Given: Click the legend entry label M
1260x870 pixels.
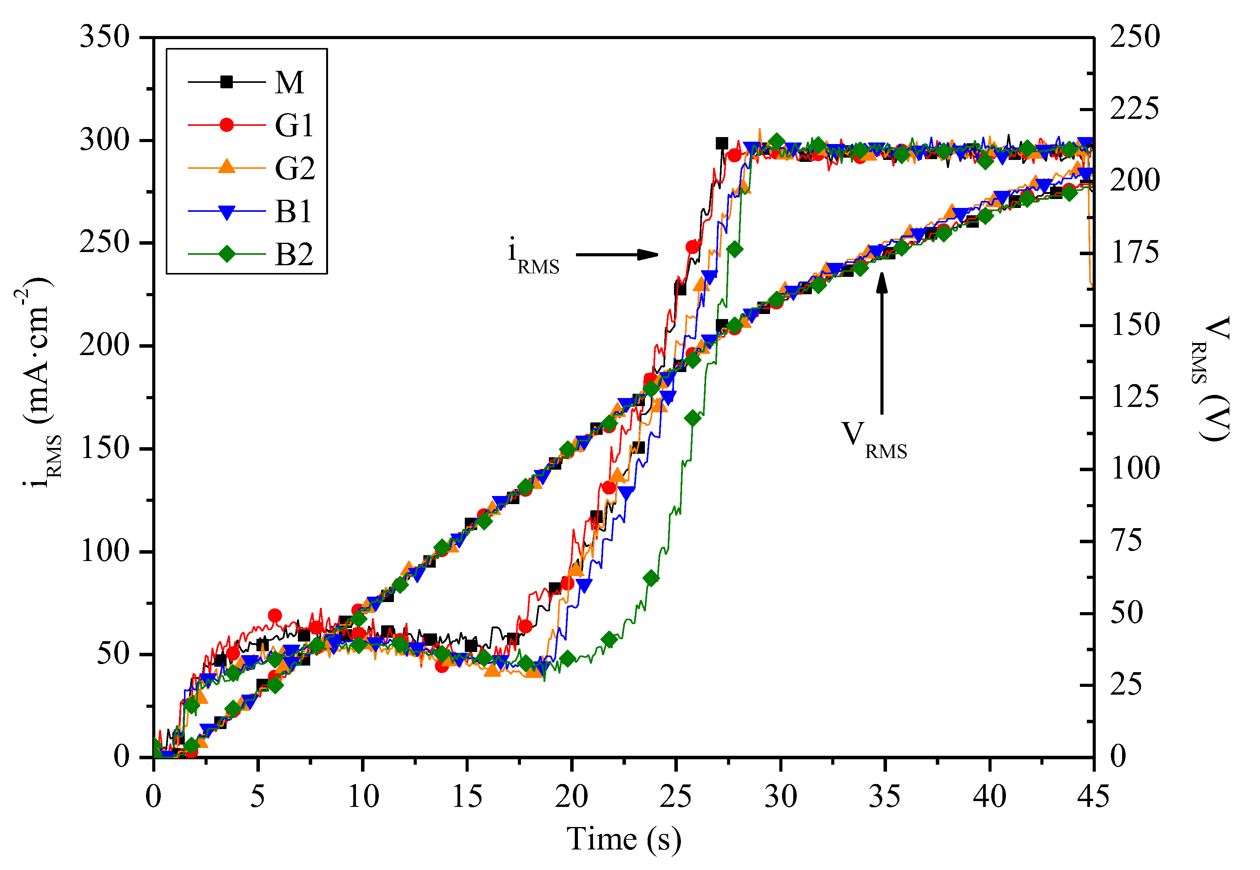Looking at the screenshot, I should coord(289,83).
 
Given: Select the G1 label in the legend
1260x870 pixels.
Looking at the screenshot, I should coord(294,125).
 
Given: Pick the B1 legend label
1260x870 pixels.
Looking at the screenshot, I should coord(293,211).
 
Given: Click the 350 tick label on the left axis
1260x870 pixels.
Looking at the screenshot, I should coord(105,37).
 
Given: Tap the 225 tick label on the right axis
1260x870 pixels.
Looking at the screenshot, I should coord(1135,108).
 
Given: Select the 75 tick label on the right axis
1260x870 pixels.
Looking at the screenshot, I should coord(1126,541).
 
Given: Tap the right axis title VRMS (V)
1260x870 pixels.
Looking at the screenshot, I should coord(1213,379).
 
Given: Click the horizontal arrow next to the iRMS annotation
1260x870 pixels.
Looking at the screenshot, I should coord(617,254).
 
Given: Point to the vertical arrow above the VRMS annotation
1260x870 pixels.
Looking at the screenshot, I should coord(882,343).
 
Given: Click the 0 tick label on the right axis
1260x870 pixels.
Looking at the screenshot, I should coord(1118,756).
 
